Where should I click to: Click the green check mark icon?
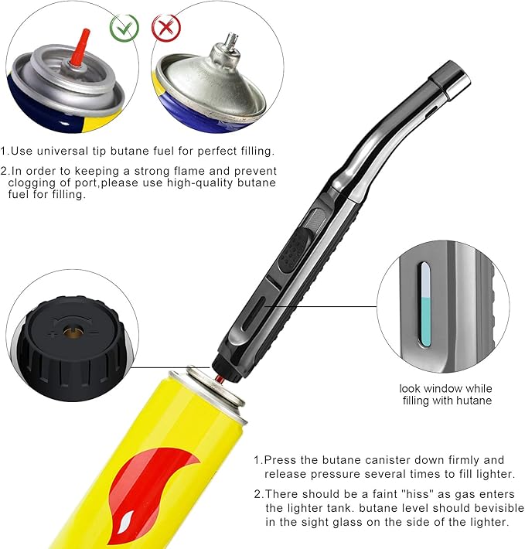click(x=124, y=28)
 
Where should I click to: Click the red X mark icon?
click(x=166, y=27)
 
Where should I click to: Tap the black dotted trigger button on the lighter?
click(x=295, y=250)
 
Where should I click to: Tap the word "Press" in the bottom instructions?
click(x=279, y=460)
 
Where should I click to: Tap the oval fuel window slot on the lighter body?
click(x=254, y=314)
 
